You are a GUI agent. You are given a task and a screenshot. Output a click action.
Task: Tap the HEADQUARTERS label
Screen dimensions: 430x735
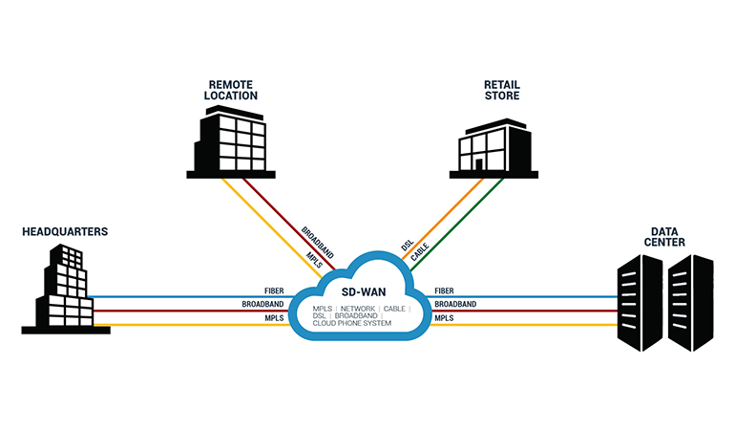click(x=65, y=231)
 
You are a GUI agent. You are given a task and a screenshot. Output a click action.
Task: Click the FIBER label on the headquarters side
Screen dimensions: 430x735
click(x=275, y=290)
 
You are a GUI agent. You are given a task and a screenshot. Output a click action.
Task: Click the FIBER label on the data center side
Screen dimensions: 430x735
click(x=445, y=290)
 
